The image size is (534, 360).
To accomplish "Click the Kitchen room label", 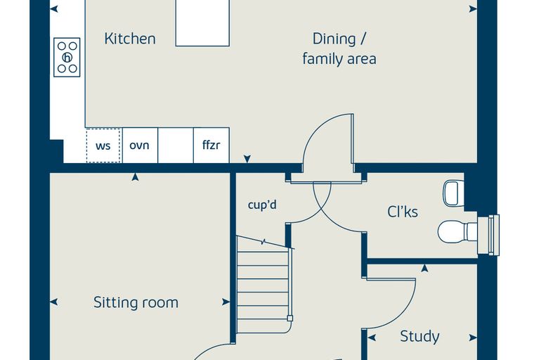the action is tap(130, 39).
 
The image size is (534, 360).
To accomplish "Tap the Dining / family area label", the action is tap(339, 49).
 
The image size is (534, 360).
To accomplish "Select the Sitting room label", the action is tap(136, 302).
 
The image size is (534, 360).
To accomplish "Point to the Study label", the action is tap(419, 336).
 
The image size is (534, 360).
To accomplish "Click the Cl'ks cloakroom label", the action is tap(403, 212).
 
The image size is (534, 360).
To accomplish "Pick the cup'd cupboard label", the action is tap(262, 205).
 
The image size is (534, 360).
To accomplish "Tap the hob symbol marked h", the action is tap(67, 57).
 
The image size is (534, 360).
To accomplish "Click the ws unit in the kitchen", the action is tap(103, 146).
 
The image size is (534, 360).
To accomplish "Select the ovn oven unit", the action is tap(140, 146).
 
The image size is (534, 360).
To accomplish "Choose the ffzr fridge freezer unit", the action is tap(211, 146).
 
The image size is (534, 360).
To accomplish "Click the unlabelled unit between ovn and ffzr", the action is tap(176, 146).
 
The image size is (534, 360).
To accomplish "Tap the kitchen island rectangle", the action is tap(202, 22).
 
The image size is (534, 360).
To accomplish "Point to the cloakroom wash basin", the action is tap(453, 193).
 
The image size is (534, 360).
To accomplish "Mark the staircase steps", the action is tap(263, 285).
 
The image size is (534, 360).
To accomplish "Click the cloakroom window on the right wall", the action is tap(489, 235).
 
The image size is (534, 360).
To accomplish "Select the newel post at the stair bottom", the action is tap(289, 319).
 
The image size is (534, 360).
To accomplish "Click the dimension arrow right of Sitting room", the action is tap(226, 302).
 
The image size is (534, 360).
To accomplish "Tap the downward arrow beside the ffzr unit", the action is tap(247, 159).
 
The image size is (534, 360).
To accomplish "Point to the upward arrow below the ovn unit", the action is tap(135, 176).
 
